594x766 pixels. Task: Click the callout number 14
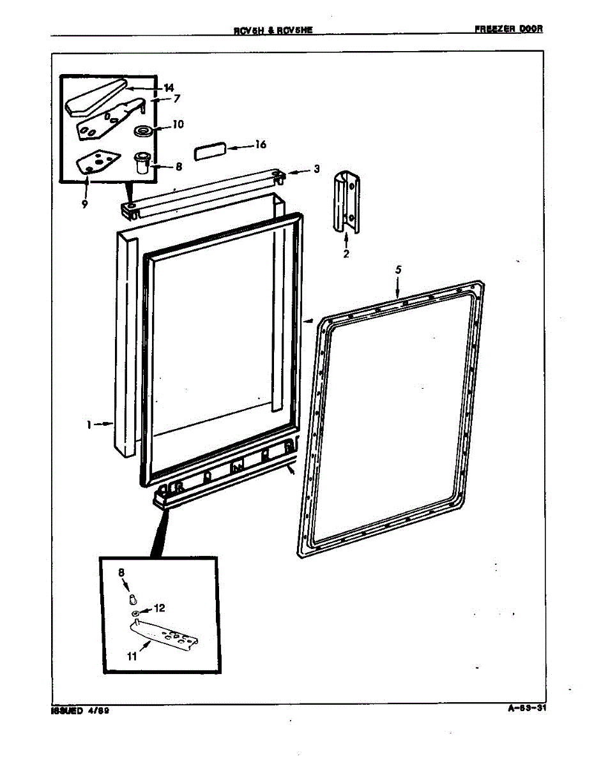coord(169,87)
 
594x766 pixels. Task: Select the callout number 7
coord(176,99)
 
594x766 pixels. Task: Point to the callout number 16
coord(260,145)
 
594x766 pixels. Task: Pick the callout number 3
coord(316,169)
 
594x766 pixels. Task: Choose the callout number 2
coord(346,253)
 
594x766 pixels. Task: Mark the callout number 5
coord(398,270)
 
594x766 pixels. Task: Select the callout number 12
coord(160,608)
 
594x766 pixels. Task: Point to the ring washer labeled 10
coord(143,131)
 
